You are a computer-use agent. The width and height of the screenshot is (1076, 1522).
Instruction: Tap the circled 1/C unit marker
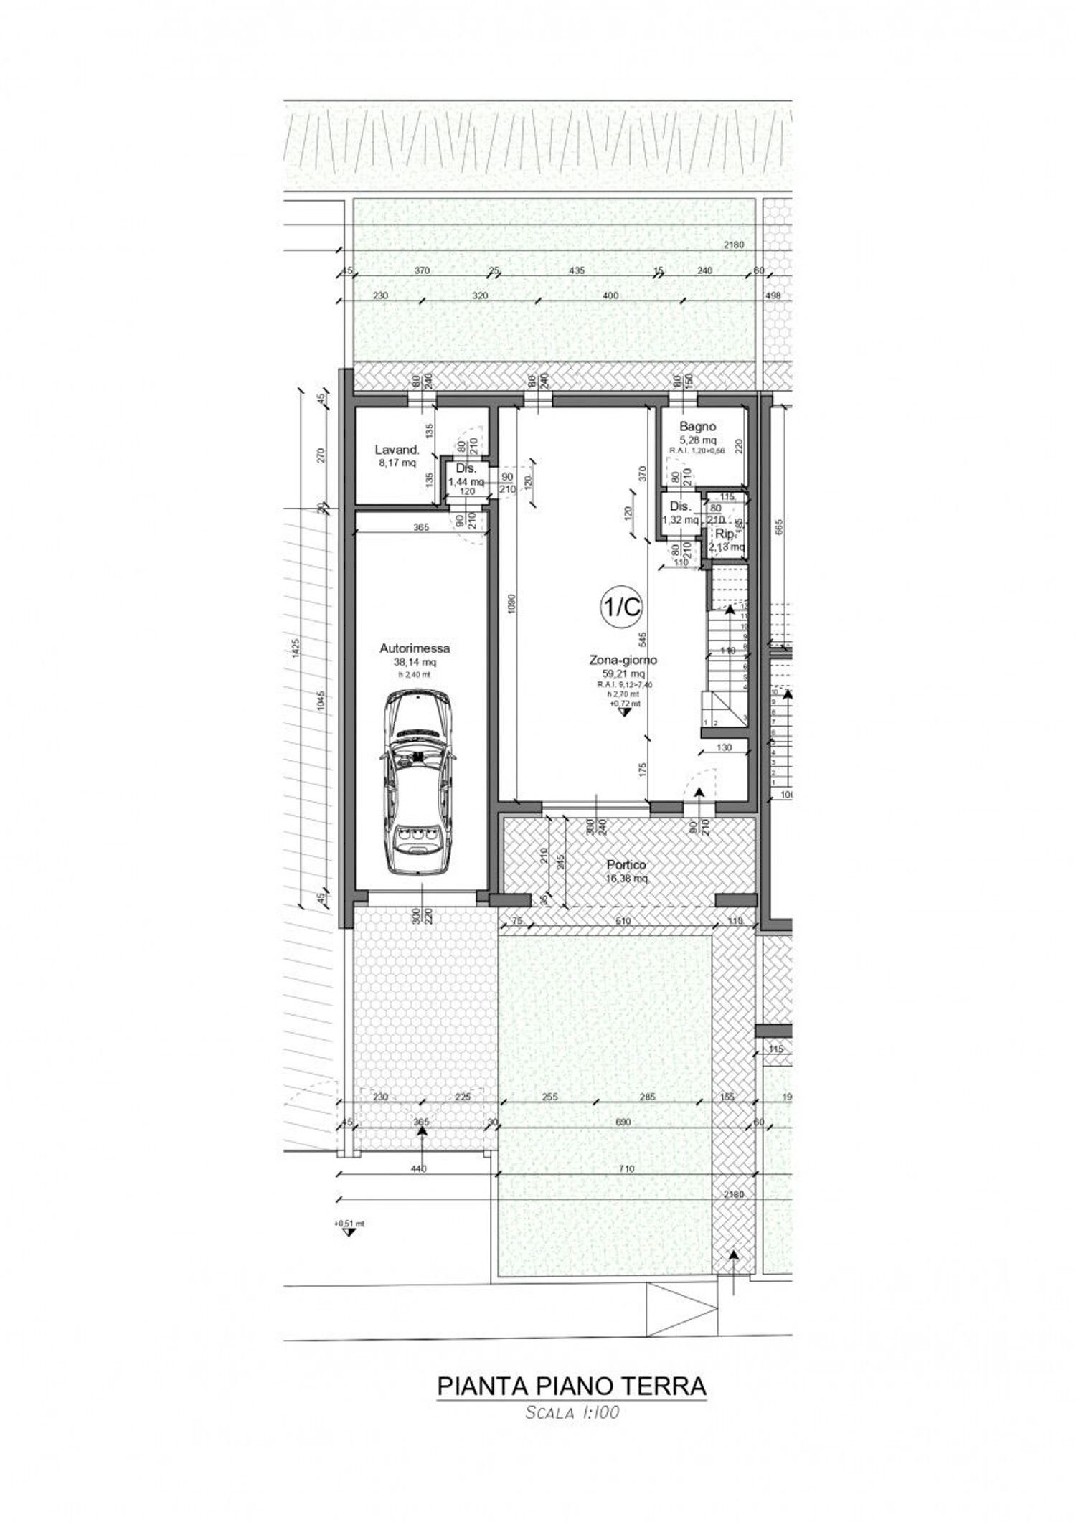tap(620, 608)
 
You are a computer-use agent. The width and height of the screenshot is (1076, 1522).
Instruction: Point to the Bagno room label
tap(697, 427)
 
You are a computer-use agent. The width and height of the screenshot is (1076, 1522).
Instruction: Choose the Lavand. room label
tap(397, 450)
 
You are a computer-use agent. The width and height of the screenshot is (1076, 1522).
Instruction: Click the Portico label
tap(628, 865)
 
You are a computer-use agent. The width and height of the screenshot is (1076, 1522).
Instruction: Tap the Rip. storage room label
tap(724, 534)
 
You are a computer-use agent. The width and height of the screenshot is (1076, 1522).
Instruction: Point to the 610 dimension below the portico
tap(623, 920)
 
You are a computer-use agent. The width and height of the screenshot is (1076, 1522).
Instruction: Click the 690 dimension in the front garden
tap(623, 1122)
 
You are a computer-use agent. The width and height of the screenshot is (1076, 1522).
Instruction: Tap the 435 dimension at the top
tap(576, 270)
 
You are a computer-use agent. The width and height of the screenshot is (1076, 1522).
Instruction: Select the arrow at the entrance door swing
tap(698, 792)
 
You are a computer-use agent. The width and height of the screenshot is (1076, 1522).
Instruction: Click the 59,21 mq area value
tap(623, 673)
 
